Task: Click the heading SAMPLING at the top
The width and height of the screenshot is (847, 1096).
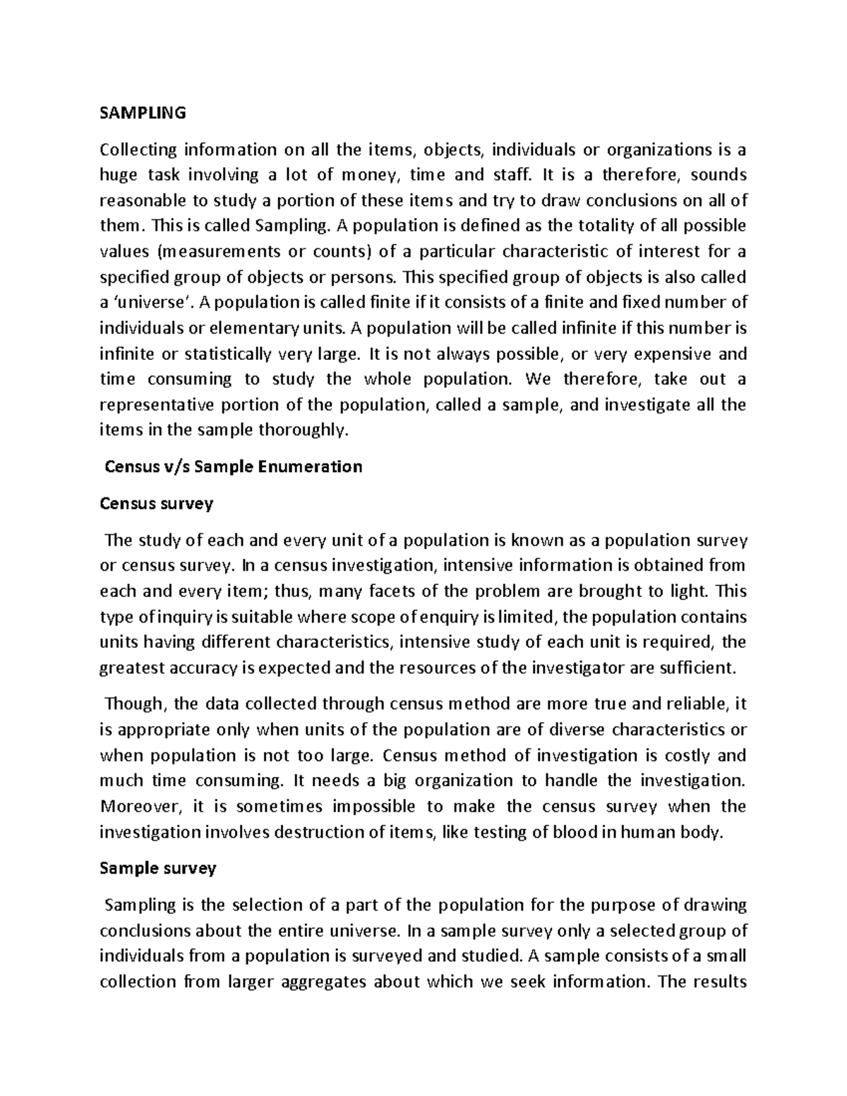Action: [143, 112]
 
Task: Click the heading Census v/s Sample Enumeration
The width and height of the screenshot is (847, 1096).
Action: [233, 466]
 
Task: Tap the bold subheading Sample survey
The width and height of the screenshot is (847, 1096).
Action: [157, 868]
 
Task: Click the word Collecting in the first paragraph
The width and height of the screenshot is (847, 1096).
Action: [138, 150]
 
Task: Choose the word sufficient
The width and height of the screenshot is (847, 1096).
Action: [695, 667]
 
